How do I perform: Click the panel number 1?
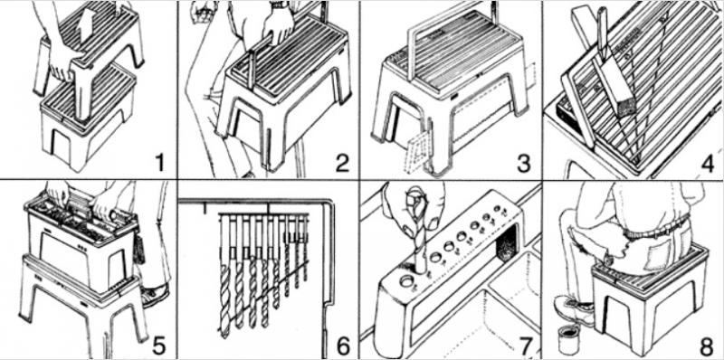[x=160, y=164]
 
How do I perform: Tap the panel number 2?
[x=342, y=164]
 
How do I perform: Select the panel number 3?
[x=524, y=164]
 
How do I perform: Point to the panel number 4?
[x=708, y=164]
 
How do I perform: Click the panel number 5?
[x=159, y=346]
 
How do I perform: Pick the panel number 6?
[x=343, y=346]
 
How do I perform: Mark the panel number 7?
[x=524, y=346]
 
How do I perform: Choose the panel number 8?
[x=708, y=346]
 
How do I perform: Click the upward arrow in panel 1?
[x=85, y=29]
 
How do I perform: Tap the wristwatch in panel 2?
[x=280, y=5]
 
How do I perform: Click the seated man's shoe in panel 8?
[x=574, y=309]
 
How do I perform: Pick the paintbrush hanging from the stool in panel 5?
[x=139, y=248]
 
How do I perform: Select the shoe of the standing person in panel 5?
[x=156, y=295]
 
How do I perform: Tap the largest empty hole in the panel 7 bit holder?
[x=408, y=280]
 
